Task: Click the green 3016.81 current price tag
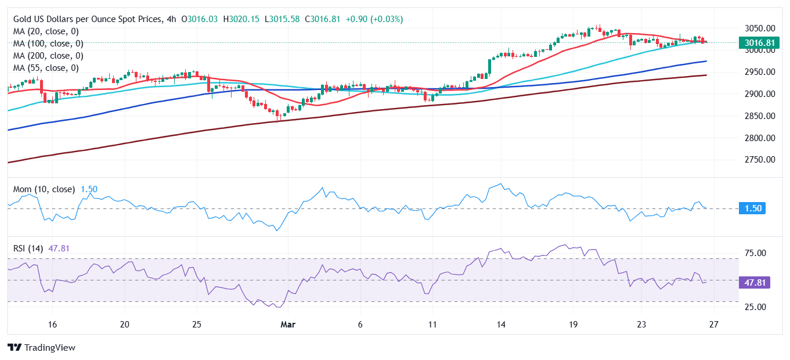tap(759, 42)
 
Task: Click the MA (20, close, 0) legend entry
tap(46, 31)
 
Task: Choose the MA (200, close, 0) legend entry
tap(48, 56)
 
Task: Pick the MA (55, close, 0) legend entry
tap(46, 68)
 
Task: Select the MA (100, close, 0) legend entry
tap(48, 44)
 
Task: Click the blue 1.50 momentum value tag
tap(752, 208)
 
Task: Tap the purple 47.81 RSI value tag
tap(754, 283)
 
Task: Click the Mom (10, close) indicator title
tap(44, 189)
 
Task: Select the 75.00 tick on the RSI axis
tap(754, 253)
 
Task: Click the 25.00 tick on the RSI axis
tap(754, 307)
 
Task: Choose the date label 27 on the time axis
tap(714, 325)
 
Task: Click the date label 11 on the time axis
tap(431, 325)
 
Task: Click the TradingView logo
tap(41, 347)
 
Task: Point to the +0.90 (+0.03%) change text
tap(374, 19)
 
